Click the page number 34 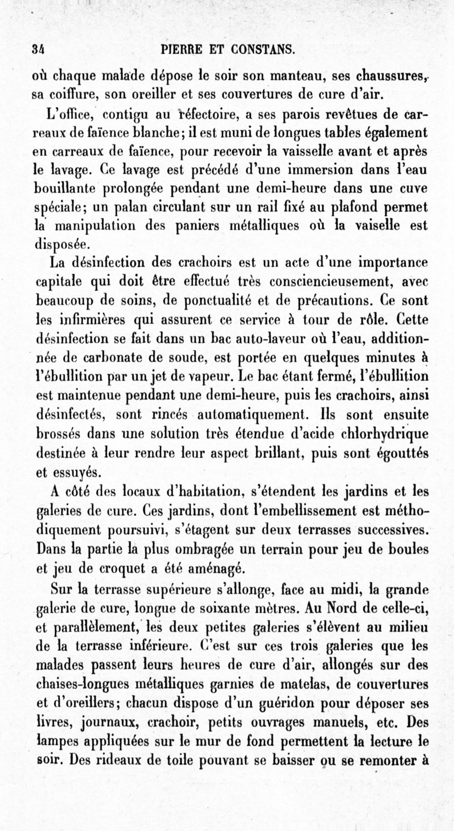click(x=40, y=50)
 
